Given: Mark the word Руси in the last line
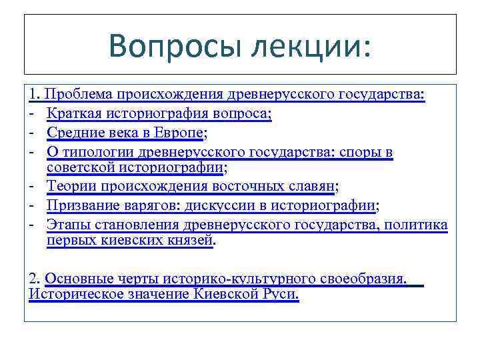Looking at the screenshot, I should tap(279, 293).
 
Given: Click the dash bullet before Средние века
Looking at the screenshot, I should tap(32, 133).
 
